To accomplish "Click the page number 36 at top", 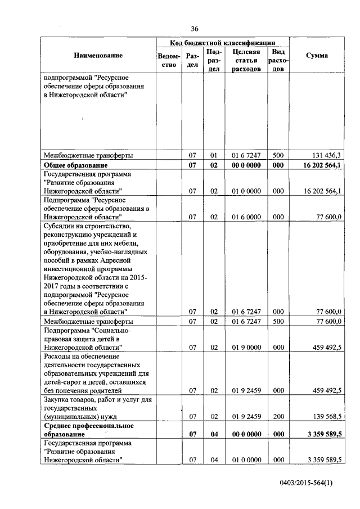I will pos(195,29).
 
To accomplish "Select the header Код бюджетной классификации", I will pos(222,42).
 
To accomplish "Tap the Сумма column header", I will pos(317,55).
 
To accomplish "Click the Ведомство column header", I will pos(169,60).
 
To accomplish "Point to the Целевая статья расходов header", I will pos(246,60).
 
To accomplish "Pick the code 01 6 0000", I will pos(246,217).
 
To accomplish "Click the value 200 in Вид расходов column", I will pos(278,416).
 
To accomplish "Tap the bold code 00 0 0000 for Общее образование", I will pos(246,165).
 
